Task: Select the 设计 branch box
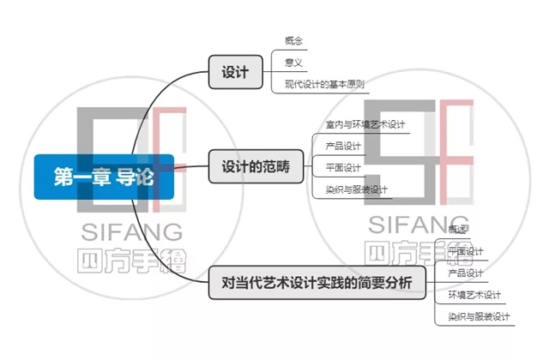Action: [234, 72]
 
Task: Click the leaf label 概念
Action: [294, 40]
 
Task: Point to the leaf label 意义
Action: [294, 62]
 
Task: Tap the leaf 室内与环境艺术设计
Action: [365, 124]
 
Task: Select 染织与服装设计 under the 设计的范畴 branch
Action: [357, 189]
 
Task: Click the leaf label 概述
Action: [458, 230]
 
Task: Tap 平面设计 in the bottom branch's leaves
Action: [466, 251]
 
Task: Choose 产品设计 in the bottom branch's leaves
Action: [466, 273]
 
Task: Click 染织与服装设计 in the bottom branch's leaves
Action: [479, 317]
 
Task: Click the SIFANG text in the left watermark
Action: [131, 231]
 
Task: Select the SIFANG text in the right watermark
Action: [419, 224]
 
